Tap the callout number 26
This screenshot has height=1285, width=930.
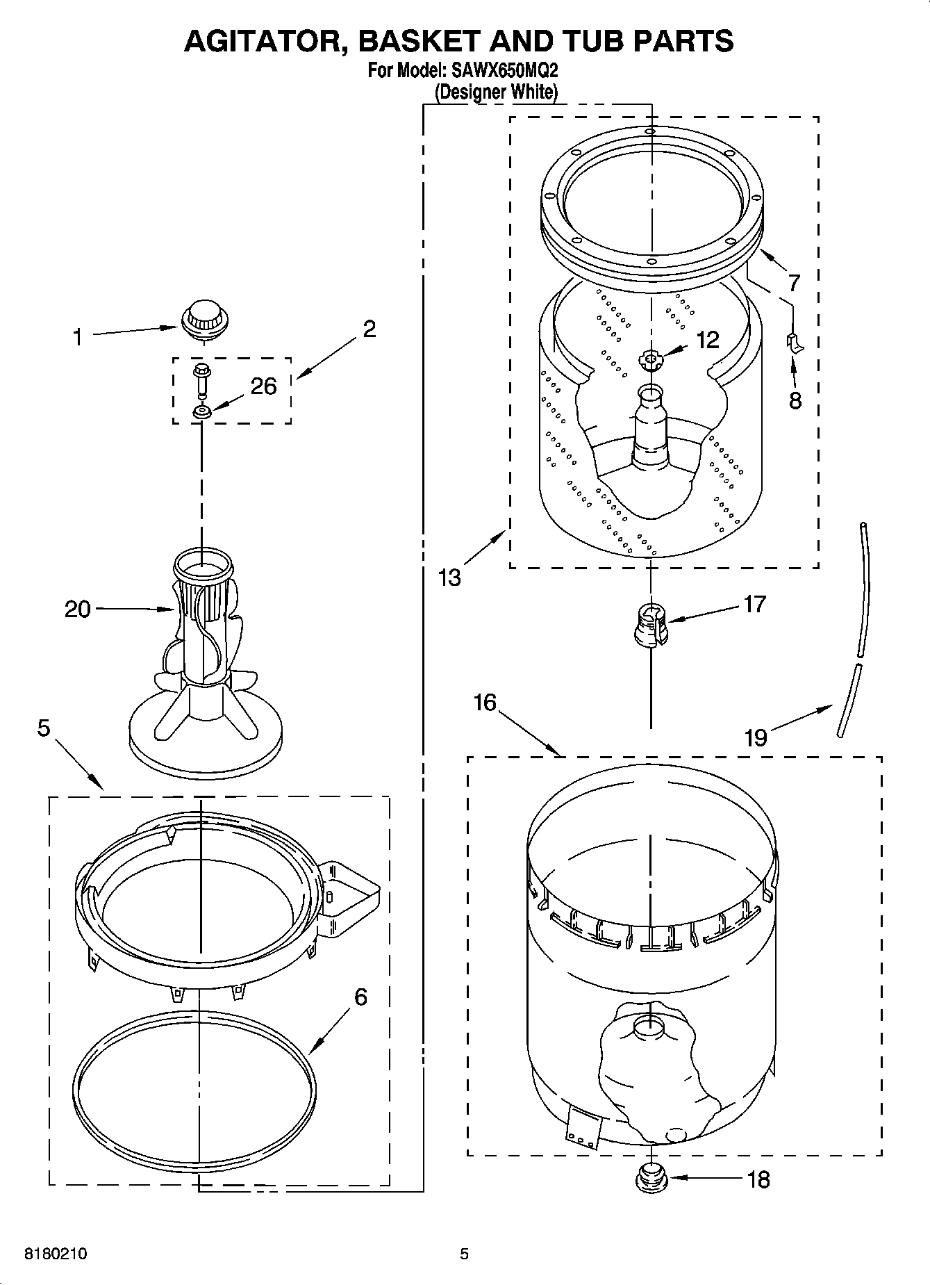tap(263, 386)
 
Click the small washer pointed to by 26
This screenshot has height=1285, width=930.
tap(202, 413)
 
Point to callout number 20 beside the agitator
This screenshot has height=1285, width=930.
tap(78, 609)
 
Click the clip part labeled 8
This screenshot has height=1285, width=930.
tap(795, 343)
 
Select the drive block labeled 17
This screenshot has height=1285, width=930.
tap(650, 624)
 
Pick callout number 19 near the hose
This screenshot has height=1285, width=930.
tap(755, 737)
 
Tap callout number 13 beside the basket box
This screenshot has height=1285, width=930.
tap(450, 577)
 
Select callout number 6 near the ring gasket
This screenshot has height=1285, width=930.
tap(360, 997)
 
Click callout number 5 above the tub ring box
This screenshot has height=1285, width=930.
tap(44, 728)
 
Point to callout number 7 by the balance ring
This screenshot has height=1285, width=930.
tap(793, 283)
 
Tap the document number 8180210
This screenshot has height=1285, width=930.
tap(56, 1254)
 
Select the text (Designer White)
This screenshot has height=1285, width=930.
tap(496, 91)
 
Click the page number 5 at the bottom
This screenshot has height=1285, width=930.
tap(465, 1254)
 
